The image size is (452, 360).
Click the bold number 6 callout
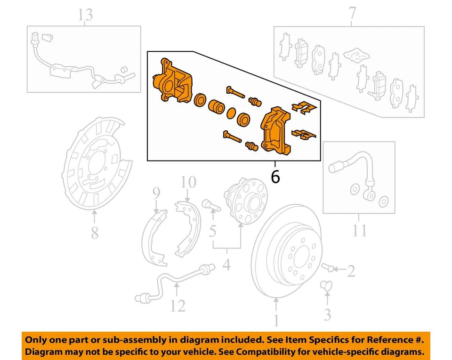(275, 177)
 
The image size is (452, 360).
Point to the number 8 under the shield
(95, 232)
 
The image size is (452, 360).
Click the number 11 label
(359, 232)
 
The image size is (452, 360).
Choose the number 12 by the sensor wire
(178, 306)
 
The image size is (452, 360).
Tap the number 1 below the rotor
(276, 321)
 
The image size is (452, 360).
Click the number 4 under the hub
(226, 265)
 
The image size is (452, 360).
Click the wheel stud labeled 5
(209, 205)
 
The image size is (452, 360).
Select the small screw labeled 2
(329, 268)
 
